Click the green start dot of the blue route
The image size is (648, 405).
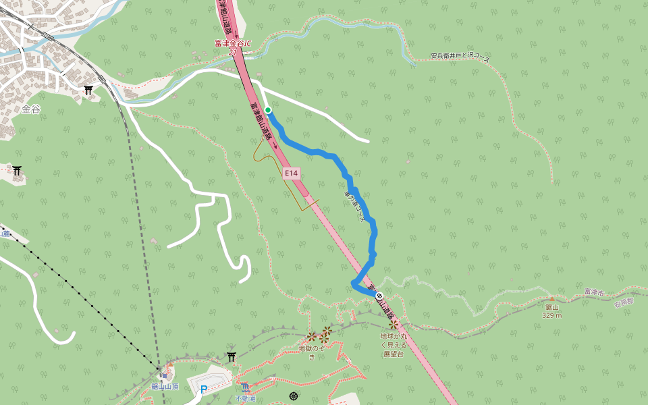[268, 110]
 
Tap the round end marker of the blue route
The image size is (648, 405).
[379, 296]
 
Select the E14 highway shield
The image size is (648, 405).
[291, 173]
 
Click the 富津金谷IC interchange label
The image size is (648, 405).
[232, 43]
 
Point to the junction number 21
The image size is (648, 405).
[233, 51]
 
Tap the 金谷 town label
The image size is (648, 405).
[31, 109]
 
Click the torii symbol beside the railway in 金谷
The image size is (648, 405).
[88, 90]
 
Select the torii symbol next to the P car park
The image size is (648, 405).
[232, 356]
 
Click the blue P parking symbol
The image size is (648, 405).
[204, 389]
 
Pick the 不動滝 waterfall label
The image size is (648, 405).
[246, 398]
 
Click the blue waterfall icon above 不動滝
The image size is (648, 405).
[246, 387]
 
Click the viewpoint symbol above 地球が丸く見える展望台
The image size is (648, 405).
[393, 325]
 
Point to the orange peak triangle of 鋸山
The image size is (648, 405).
[551, 298]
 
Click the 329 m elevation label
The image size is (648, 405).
[552, 315]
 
